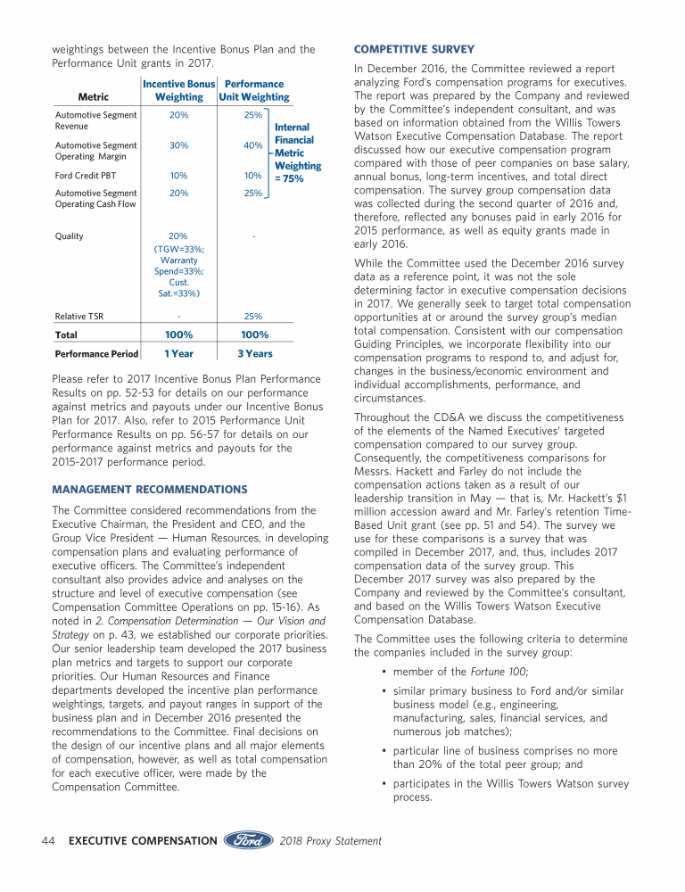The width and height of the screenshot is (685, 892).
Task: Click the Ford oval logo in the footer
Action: pos(249,840)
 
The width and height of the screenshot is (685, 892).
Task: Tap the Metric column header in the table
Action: pos(94,97)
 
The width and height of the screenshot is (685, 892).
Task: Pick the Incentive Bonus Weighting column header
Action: pos(179,90)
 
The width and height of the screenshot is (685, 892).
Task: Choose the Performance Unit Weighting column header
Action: pos(254,90)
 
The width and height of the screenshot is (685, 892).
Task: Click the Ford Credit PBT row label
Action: pos(86,176)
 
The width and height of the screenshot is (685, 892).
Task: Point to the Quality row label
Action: pos(70,236)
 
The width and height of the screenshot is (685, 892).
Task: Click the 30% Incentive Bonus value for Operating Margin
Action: pos(178,145)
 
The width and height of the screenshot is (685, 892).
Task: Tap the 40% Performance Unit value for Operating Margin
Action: pos(253,145)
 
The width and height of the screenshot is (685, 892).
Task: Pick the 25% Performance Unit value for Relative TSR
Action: pos(253,316)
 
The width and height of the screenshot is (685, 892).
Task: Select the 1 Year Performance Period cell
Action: pos(178,353)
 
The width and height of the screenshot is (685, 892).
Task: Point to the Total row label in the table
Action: pos(67,335)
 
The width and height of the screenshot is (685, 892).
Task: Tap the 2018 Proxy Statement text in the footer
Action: pos(331,840)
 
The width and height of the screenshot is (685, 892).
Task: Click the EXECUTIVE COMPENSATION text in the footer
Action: pos(143,840)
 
